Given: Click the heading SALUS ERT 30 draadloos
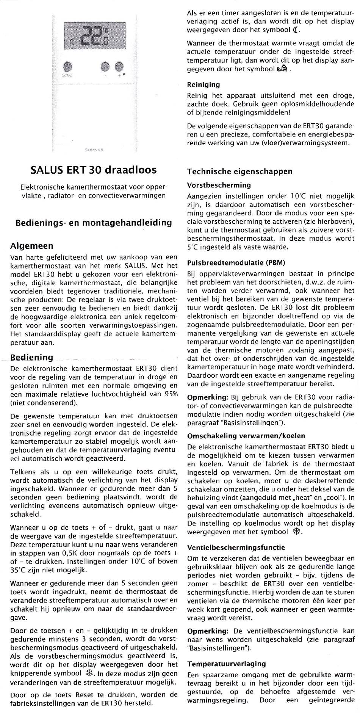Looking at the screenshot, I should click(93, 169).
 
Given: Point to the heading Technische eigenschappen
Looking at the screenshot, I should click(240, 171).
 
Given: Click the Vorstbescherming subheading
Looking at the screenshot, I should click(219, 185).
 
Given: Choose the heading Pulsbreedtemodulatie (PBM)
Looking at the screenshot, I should click(236, 262).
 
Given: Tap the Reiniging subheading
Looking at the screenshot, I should click(203, 85).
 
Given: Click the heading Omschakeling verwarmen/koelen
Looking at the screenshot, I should click(246, 436).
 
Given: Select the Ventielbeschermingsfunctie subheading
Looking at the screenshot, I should click(236, 547).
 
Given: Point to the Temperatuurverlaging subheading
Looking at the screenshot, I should click(227, 664).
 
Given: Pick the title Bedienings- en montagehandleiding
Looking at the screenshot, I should click(94, 223).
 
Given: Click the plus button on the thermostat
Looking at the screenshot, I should click(119, 67).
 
